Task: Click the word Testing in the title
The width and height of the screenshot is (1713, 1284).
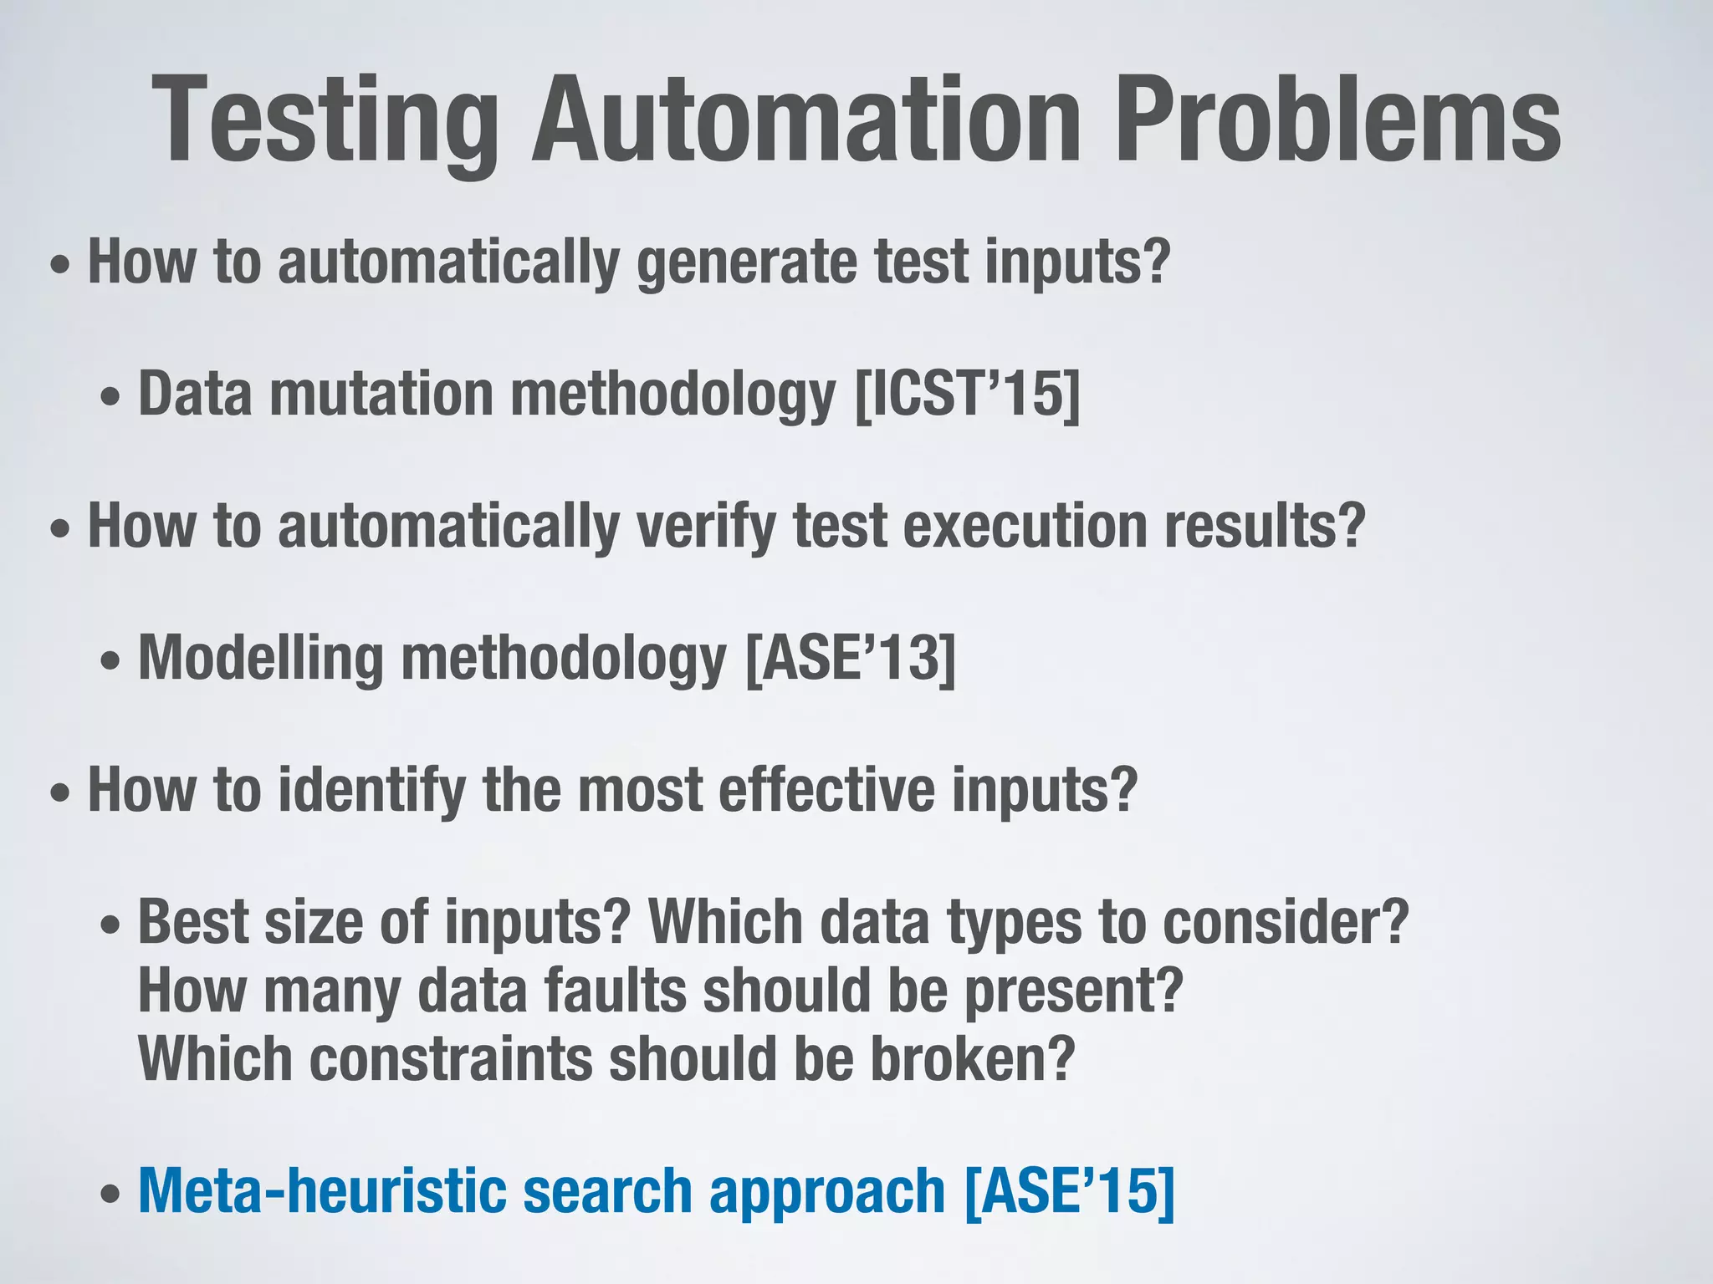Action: click(x=326, y=121)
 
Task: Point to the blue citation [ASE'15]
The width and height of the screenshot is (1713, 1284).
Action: click(x=1069, y=1190)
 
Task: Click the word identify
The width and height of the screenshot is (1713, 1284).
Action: click(x=371, y=791)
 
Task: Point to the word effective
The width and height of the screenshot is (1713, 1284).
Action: click(x=826, y=789)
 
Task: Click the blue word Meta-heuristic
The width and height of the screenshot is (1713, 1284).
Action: click(x=322, y=1190)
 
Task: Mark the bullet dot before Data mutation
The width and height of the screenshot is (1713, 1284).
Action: click(x=110, y=398)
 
